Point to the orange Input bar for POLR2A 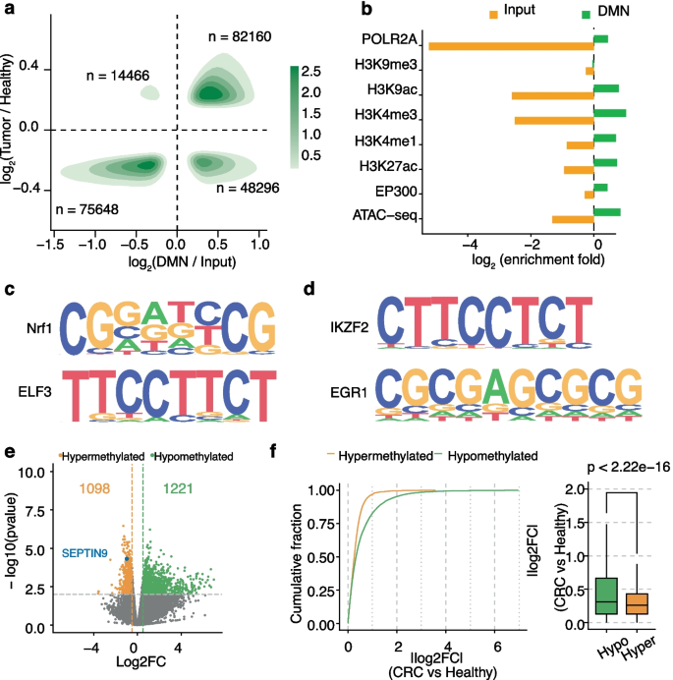click(x=511, y=44)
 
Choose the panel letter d click(x=310, y=293)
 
